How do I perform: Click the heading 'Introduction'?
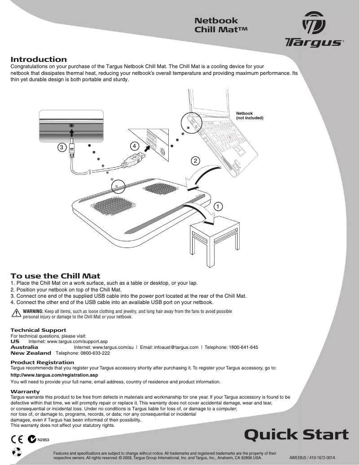pyautogui.click(x=39, y=60)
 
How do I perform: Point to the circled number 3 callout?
pyautogui.click(x=61, y=147)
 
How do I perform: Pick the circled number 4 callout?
pyautogui.click(x=134, y=146)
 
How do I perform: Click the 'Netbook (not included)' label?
pyautogui.click(x=250, y=116)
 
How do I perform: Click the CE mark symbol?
pyautogui.click(x=18, y=439)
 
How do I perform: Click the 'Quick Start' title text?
pyautogui.click(x=296, y=435)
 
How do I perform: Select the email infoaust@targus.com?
pyautogui.click(x=176, y=347)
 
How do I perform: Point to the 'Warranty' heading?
pyautogui.click(x=25, y=391)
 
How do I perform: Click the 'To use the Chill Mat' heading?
pyautogui.click(x=55, y=276)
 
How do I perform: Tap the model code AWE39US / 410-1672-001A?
pyautogui.click(x=312, y=458)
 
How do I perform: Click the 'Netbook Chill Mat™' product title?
pyautogui.click(x=221, y=25)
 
